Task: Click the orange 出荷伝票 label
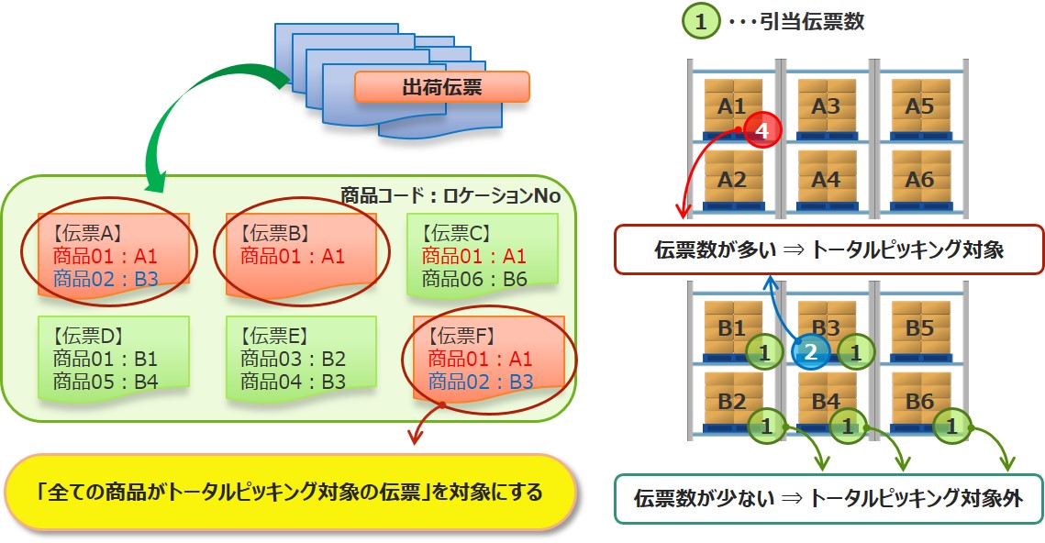click(x=441, y=87)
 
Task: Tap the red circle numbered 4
click(x=762, y=131)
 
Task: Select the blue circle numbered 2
click(x=810, y=351)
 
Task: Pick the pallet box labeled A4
click(x=826, y=180)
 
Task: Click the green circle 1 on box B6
click(x=951, y=426)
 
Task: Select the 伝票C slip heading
click(x=458, y=232)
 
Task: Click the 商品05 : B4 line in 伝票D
click(x=106, y=380)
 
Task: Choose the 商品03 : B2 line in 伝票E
click(x=293, y=358)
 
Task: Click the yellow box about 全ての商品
click(x=291, y=492)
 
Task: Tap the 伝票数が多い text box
click(x=828, y=249)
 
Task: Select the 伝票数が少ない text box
click(x=828, y=498)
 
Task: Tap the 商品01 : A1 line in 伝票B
click(x=293, y=256)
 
